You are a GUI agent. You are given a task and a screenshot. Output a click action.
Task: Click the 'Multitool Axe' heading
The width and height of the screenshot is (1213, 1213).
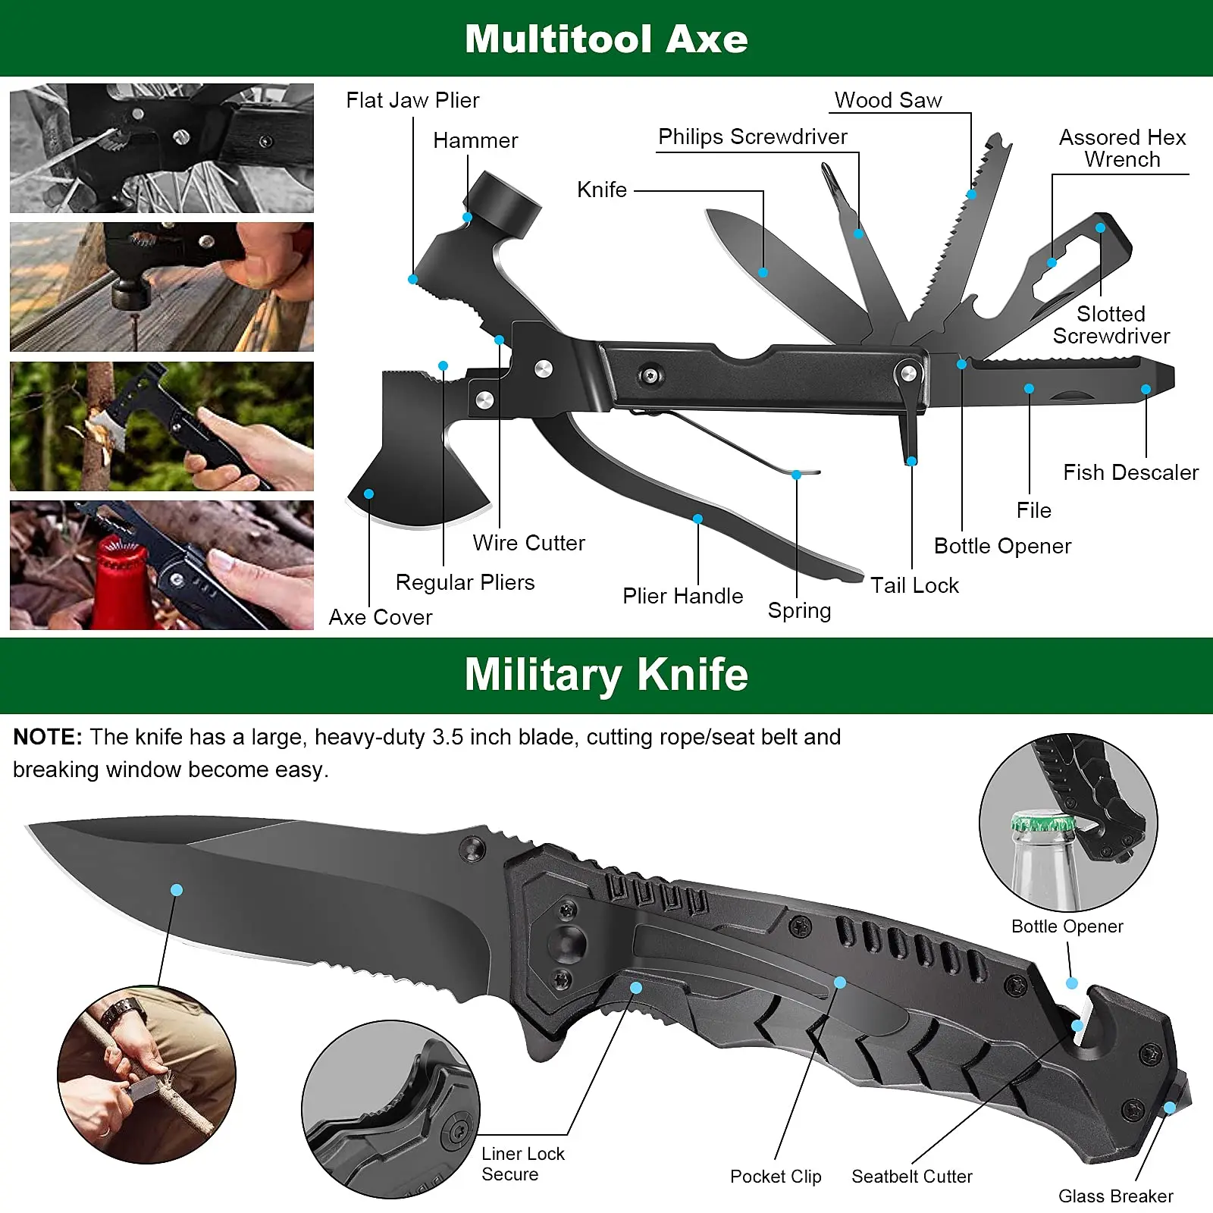click(x=606, y=39)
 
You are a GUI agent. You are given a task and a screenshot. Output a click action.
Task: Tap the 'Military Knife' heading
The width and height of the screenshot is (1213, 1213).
click(x=606, y=674)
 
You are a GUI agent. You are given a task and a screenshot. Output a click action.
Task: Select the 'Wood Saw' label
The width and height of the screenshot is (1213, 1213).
click(x=888, y=100)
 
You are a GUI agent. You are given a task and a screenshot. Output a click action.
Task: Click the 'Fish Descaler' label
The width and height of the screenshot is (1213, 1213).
click(x=1130, y=472)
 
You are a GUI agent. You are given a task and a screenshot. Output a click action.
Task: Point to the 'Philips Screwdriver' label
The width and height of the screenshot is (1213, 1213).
click(x=752, y=136)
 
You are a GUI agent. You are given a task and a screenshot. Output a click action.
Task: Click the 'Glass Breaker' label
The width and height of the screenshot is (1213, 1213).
click(x=1115, y=1196)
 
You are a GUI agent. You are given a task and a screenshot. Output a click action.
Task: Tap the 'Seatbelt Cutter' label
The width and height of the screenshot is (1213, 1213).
click(x=911, y=1177)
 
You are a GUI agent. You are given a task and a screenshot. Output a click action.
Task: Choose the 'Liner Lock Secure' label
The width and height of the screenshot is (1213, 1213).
click(x=522, y=1164)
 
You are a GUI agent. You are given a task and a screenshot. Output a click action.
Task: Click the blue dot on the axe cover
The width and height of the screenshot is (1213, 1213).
click(x=368, y=494)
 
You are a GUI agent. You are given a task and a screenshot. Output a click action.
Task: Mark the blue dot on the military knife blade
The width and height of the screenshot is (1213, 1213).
click(x=177, y=889)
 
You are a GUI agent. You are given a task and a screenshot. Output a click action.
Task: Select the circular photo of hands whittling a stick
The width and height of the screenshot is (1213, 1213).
click(x=146, y=1074)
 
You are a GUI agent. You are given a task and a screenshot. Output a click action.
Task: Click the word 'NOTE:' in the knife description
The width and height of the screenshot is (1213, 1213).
click(x=47, y=737)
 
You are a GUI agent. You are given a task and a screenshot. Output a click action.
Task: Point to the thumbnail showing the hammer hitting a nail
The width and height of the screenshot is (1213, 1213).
click(x=161, y=287)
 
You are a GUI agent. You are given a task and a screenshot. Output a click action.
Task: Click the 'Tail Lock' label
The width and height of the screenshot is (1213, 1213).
click(x=914, y=585)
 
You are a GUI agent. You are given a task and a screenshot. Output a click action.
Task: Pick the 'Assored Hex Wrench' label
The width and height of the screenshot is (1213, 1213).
click(x=1122, y=148)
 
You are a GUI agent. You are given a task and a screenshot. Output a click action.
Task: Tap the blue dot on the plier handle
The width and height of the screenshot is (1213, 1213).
click(x=697, y=519)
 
